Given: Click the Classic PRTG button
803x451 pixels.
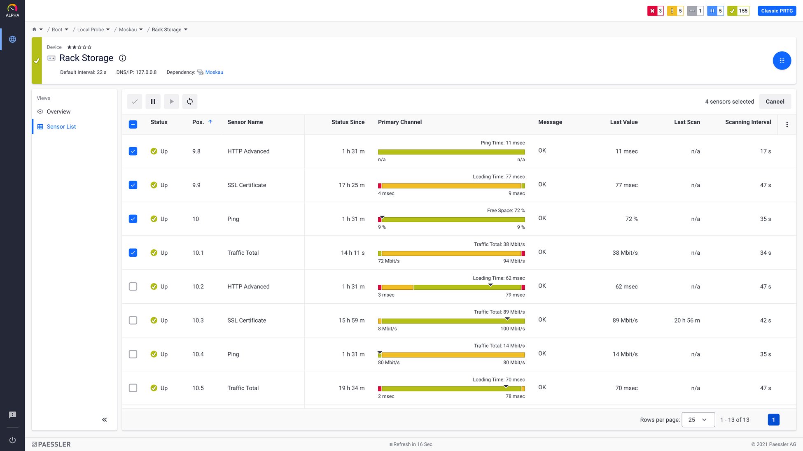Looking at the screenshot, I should pos(777,11).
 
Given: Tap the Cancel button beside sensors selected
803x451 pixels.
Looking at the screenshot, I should pos(775,102).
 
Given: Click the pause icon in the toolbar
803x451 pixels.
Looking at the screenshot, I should pos(153,102).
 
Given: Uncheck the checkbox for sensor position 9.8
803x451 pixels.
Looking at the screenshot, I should pos(133,151).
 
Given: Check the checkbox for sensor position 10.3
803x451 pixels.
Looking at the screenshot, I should pos(133,321).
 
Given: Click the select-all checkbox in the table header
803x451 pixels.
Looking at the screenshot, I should pos(133,124).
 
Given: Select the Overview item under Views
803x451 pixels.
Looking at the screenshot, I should pos(58,112).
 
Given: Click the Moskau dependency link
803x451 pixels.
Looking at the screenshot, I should pos(214,72).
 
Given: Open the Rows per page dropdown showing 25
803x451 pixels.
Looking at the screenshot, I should pos(698,420).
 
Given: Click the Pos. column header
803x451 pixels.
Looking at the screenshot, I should pos(198,122).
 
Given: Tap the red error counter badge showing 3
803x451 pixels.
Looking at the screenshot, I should pos(655,11).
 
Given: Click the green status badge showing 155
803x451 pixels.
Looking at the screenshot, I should pos(738,11).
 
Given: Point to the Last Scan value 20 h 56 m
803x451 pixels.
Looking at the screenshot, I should pos(687,321).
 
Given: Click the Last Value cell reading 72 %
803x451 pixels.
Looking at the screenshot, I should pos(631,219).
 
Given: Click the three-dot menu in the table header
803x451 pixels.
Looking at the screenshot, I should pos(787,125).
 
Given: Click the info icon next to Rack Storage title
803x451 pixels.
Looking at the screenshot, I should pos(122,58).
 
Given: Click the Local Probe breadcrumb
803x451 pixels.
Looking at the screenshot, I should pos(91,30).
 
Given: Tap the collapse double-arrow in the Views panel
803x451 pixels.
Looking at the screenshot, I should pos(105,420).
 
